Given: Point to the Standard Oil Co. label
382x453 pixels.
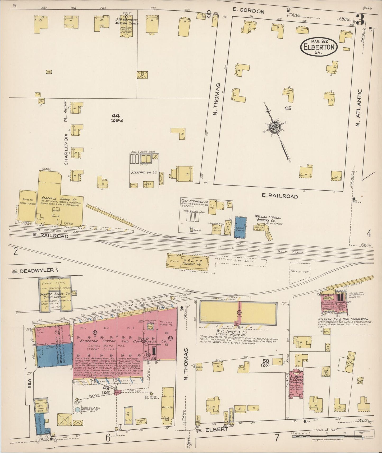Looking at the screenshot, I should coord(144,172).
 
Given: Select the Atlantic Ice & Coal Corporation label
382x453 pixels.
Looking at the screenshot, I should coord(343,319).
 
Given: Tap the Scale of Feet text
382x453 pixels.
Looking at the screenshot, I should coord(326,430).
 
